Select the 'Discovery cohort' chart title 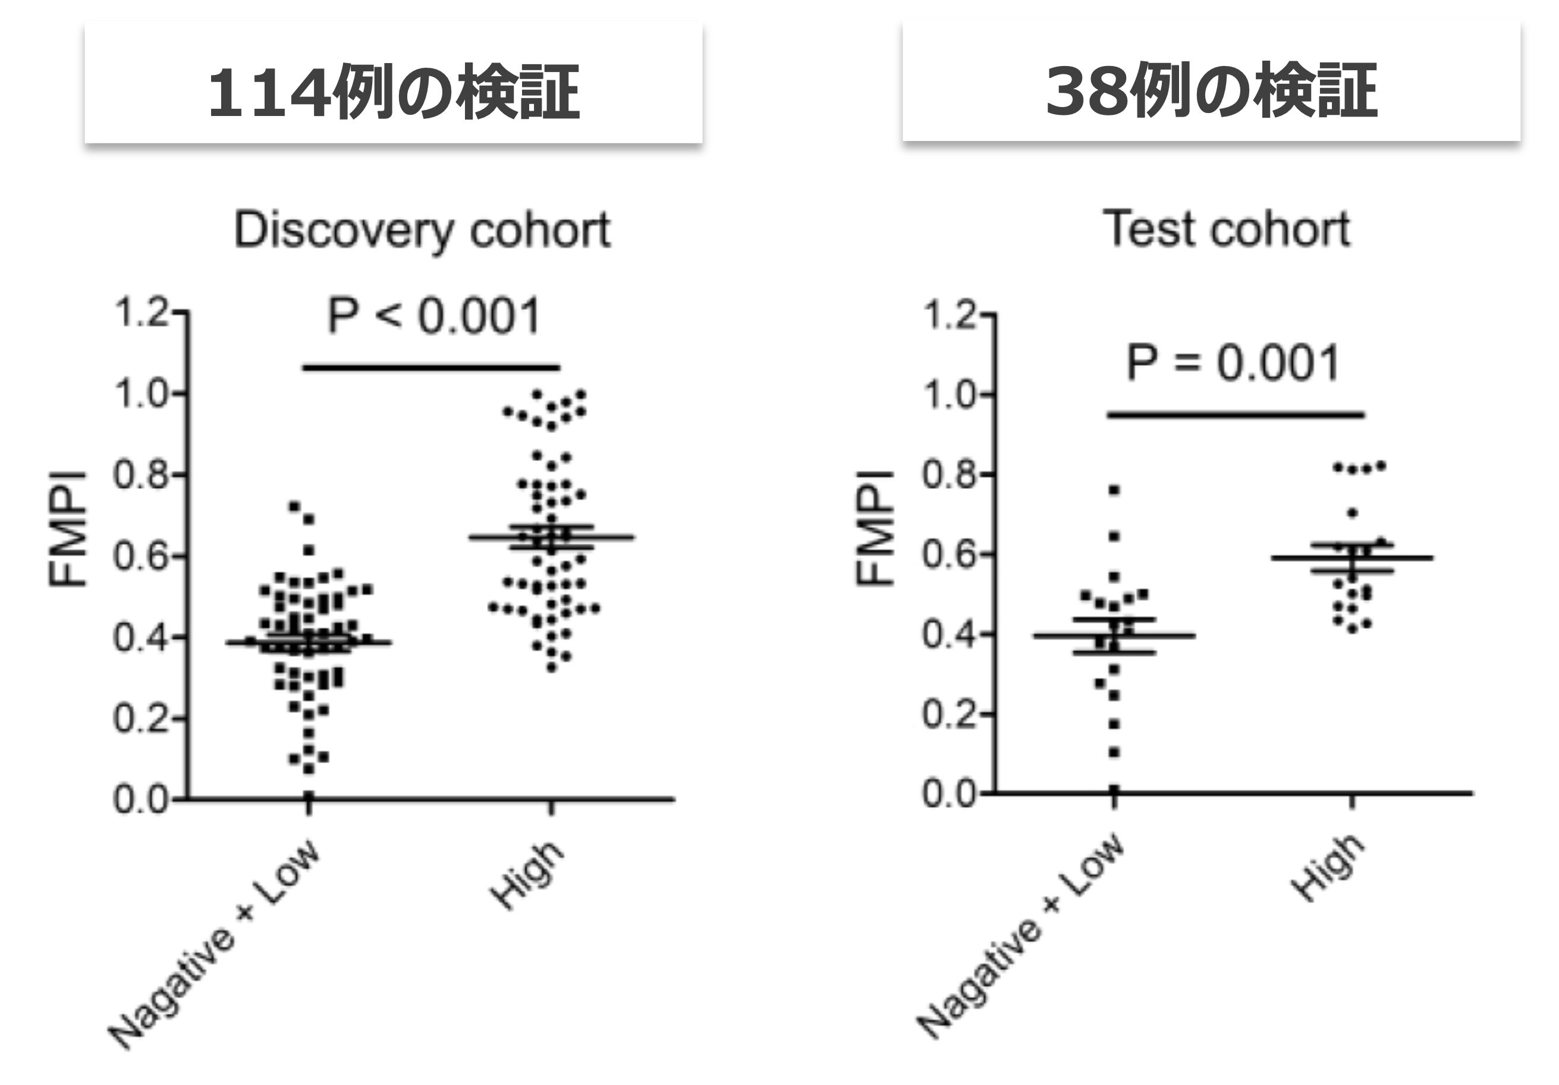pyautogui.click(x=422, y=231)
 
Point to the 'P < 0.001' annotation pyautogui.click(x=434, y=316)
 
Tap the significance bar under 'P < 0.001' pyautogui.click(x=431, y=368)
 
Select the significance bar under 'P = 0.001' pyautogui.click(x=1235, y=415)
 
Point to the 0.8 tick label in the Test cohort pyautogui.click(x=948, y=474)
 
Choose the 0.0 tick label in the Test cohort pyautogui.click(x=948, y=794)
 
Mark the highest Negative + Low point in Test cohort pyautogui.click(x=1114, y=490)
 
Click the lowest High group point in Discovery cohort pyautogui.click(x=551, y=669)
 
